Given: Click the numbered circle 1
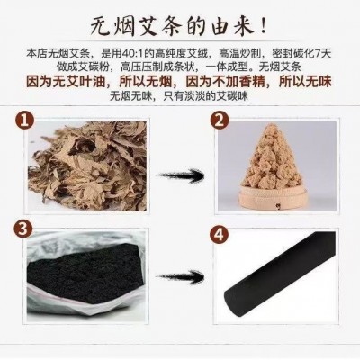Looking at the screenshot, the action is click(24, 121).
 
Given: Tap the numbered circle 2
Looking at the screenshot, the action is click(220, 121).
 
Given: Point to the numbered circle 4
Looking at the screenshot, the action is click(220, 234).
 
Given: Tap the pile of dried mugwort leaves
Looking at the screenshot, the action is click(87, 166).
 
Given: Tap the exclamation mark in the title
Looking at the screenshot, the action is click(264, 26).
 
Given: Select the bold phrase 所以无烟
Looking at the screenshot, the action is click(146, 82).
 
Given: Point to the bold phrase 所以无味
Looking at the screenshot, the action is click(305, 82).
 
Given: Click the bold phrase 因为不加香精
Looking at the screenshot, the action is click(226, 82).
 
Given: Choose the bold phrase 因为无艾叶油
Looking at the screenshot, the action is click(66, 82).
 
